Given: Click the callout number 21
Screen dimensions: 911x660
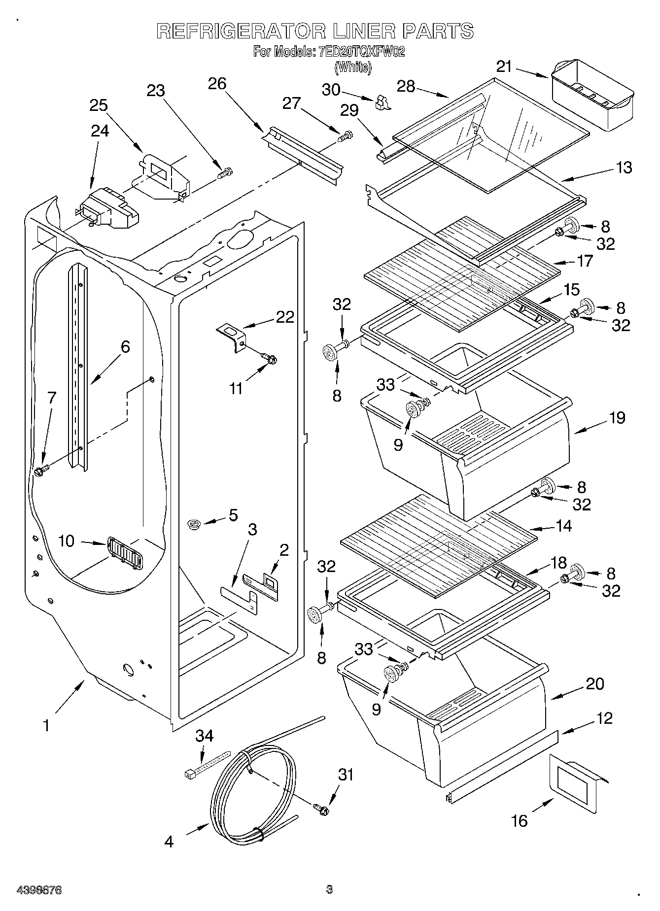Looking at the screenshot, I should click(x=504, y=67).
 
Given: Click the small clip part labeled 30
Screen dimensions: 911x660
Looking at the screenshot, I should click(x=382, y=102).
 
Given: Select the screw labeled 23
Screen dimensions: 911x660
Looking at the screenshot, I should click(x=225, y=173).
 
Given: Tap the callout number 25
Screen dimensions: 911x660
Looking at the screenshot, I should click(x=99, y=105).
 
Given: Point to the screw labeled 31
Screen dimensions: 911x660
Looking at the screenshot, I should click(x=321, y=809).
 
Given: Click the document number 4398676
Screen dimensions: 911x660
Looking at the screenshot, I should click(x=39, y=890).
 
